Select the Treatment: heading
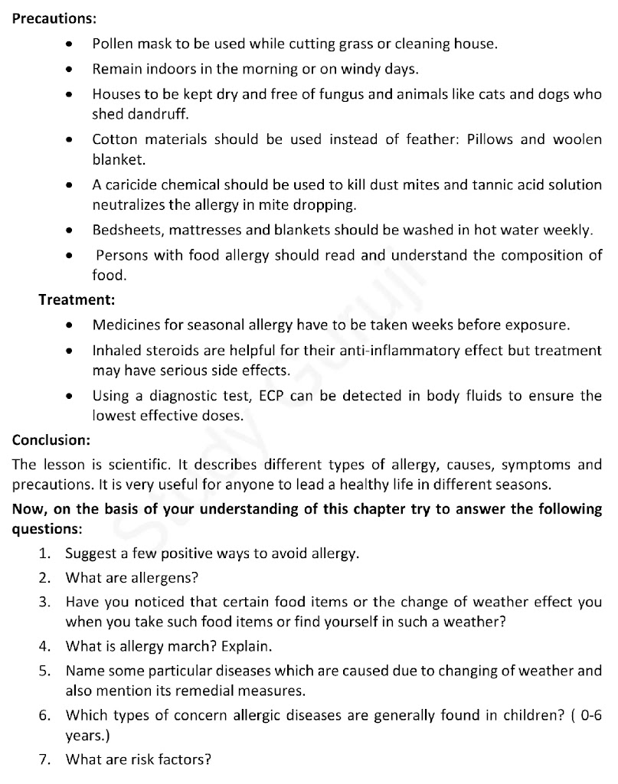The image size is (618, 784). click(77, 299)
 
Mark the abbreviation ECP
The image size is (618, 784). click(273, 396)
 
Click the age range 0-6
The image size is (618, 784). click(589, 716)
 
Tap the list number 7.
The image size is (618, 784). click(44, 760)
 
